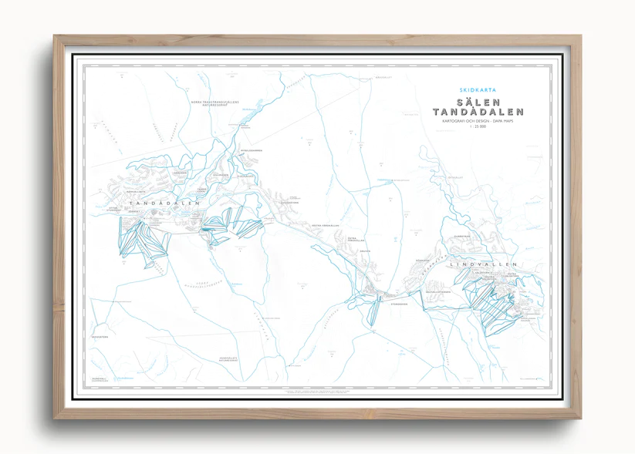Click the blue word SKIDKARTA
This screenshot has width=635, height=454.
pos(478,90)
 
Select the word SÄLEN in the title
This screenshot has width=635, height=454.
pos(478,102)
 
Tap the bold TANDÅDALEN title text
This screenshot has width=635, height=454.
pos(478,113)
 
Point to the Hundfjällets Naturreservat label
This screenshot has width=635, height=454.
pos(233,358)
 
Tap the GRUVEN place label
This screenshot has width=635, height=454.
pos(365,251)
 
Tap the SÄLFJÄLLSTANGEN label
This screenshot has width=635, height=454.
pos(437,291)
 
